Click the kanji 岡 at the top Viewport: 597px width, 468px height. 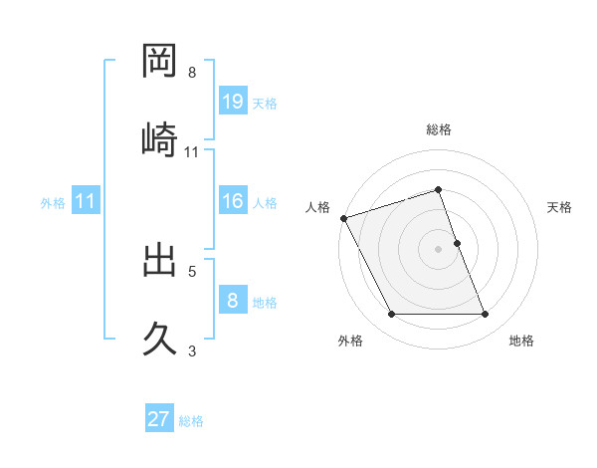[x=161, y=62]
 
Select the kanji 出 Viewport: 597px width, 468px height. [x=161, y=260]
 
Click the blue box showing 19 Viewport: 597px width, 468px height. [x=233, y=102]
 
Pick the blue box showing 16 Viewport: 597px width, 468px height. [x=233, y=202]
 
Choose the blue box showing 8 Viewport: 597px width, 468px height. [x=233, y=302]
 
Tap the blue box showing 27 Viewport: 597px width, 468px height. [x=159, y=419]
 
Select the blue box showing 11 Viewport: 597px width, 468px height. [x=86, y=202]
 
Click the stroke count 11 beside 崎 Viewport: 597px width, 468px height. [x=192, y=152]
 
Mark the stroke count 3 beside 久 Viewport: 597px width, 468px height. [x=192, y=351]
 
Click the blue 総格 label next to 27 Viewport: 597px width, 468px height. [x=191, y=421]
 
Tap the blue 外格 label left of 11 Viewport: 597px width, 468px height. [x=53, y=203]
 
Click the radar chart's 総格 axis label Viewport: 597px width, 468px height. [x=439, y=129]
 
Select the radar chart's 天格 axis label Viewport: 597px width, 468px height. [x=560, y=207]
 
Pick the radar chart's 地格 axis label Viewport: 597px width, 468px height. [x=521, y=342]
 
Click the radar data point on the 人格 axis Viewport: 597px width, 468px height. [x=343, y=218]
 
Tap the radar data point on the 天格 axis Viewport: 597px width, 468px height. [x=457, y=243]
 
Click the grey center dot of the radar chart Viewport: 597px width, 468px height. [x=439, y=249]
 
